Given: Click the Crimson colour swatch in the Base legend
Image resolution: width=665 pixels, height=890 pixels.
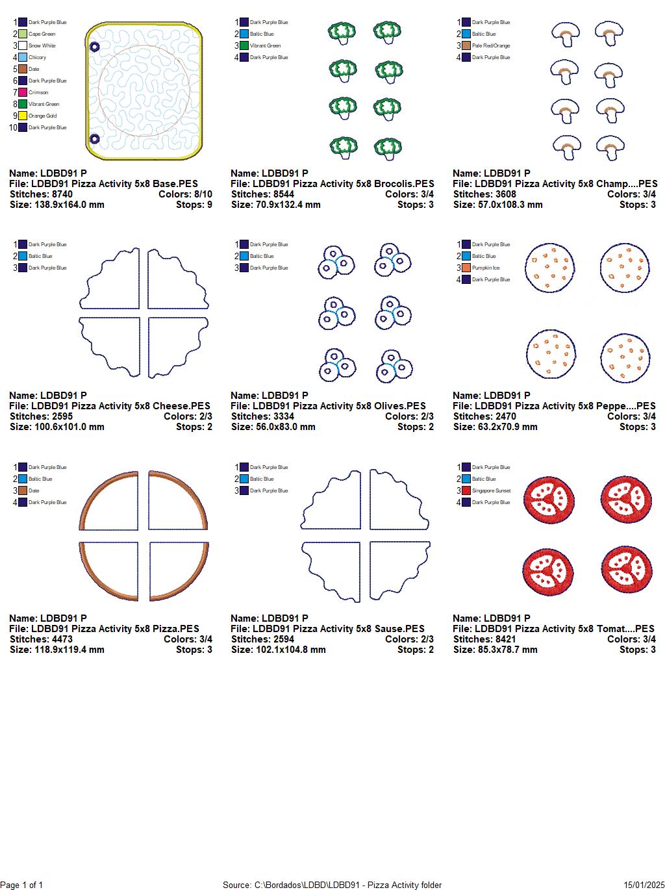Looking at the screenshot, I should click(23, 92).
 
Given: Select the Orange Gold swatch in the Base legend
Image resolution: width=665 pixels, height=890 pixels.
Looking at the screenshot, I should click(23, 116).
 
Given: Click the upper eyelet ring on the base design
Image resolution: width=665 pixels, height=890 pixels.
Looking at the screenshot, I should click(94, 47).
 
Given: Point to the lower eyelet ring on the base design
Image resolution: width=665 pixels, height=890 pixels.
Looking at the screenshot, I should click(94, 138).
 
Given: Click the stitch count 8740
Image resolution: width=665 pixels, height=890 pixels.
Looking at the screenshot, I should click(62, 194).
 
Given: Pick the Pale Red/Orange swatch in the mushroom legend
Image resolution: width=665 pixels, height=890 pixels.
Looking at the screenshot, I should click(466, 45).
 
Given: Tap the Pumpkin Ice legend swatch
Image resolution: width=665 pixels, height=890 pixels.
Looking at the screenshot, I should click(466, 268).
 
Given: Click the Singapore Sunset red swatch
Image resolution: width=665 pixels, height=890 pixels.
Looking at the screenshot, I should click(466, 490).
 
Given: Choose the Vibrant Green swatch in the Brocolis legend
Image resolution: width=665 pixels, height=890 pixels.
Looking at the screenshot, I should click(244, 45).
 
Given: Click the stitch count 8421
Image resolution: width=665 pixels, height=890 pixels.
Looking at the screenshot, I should click(505, 639).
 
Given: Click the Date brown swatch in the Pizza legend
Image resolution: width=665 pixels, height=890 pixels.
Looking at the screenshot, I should click(23, 490).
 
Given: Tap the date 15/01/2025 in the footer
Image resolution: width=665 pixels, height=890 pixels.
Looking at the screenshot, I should click(644, 885).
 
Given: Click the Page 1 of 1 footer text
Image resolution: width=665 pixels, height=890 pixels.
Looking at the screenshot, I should click(22, 885).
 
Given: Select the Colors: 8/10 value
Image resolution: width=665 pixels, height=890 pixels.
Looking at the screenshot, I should click(185, 194).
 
